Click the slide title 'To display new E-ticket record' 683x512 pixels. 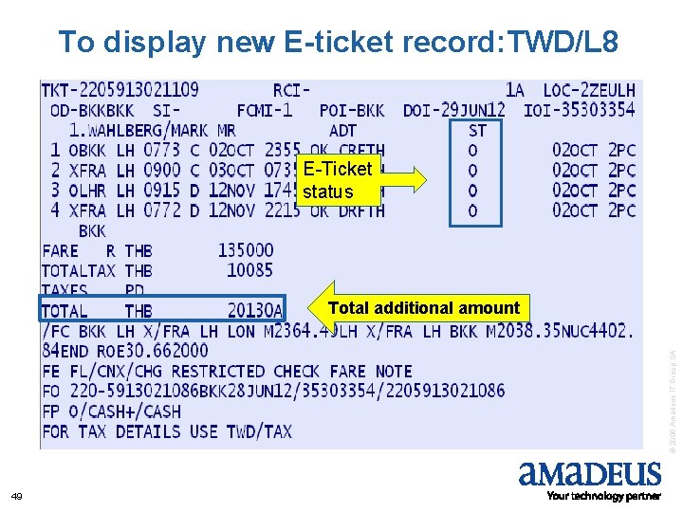click(x=338, y=42)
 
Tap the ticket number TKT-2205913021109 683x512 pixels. click(x=120, y=90)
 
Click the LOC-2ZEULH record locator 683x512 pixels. click(x=589, y=90)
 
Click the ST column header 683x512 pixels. click(x=477, y=130)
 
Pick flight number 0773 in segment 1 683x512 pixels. click(x=162, y=150)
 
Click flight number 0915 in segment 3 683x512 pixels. click(x=162, y=190)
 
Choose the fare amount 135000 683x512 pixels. click(x=245, y=250)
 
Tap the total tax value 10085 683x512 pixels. click(x=249, y=270)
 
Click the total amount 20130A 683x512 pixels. click(x=254, y=310)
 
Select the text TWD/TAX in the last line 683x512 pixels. click(x=259, y=431)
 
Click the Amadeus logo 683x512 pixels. click(x=589, y=477)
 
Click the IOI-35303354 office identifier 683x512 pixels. click(x=579, y=110)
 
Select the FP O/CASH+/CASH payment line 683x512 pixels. click(x=112, y=411)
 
